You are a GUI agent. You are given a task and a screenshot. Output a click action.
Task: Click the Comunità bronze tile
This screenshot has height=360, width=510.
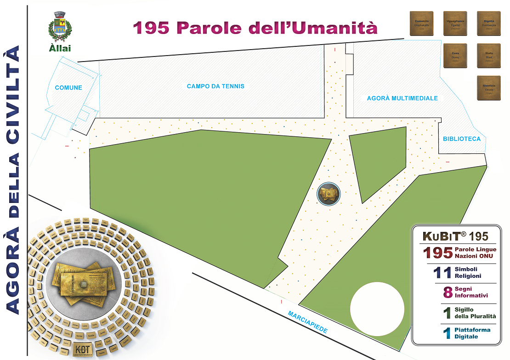pyautogui.click(x=422, y=23)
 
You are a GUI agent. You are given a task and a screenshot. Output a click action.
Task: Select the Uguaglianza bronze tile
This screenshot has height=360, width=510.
pyautogui.click(x=455, y=23)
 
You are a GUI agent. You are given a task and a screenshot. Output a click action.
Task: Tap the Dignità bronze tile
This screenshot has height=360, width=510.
pyautogui.click(x=488, y=23)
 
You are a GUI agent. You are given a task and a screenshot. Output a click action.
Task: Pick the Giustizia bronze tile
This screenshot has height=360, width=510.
pyautogui.click(x=488, y=88)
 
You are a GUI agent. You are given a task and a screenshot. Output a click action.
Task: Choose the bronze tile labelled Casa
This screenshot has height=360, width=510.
pyautogui.click(x=455, y=56)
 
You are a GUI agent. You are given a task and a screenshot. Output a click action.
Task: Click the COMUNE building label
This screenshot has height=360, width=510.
pyautogui.click(x=68, y=88)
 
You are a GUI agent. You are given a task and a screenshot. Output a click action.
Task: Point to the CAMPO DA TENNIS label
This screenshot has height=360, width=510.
pyautogui.click(x=215, y=86)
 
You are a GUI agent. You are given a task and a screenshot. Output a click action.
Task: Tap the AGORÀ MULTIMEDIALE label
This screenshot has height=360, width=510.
pyautogui.click(x=402, y=98)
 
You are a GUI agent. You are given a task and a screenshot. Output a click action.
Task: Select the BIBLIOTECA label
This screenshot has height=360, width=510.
pyautogui.click(x=462, y=139)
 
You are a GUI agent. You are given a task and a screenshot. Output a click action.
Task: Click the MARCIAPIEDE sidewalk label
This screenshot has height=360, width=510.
pyautogui.click(x=308, y=323)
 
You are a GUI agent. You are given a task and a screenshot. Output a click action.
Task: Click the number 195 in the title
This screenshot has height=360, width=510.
pyautogui.click(x=152, y=28)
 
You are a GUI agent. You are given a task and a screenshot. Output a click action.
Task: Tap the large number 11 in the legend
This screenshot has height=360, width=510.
pyautogui.click(x=442, y=273)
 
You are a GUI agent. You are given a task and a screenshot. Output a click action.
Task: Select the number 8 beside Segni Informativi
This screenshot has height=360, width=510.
pyautogui.click(x=448, y=292)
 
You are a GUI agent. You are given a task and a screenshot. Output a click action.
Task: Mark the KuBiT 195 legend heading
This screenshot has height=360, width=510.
pyautogui.click(x=455, y=236)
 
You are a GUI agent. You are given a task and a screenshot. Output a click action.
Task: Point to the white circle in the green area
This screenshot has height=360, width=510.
pyautogui.click(x=377, y=309)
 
